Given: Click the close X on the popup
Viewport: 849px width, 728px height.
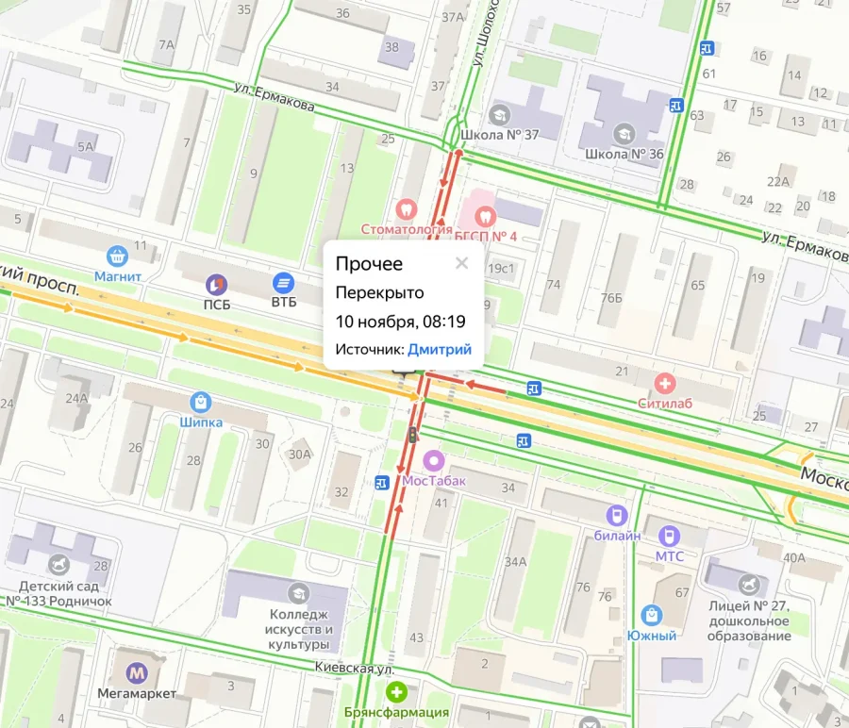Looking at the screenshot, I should (x=461, y=263).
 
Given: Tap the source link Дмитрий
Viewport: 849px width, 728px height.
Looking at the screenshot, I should (x=439, y=350).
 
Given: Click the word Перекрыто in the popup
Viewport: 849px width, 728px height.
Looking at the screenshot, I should (x=379, y=293).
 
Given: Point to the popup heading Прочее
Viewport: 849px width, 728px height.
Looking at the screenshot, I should (x=369, y=264).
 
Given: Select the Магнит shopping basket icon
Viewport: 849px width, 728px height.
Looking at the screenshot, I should (x=117, y=256).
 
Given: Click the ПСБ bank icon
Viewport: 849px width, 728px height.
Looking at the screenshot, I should (x=217, y=283).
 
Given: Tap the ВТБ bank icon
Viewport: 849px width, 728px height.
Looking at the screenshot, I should (x=283, y=282).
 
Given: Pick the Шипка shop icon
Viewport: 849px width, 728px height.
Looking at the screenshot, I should (x=200, y=403).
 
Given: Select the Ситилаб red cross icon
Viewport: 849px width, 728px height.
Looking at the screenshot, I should (x=666, y=383).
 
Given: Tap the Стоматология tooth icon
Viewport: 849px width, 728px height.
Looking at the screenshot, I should (x=406, y=208).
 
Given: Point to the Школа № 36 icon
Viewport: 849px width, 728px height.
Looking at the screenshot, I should (x=623, y=133).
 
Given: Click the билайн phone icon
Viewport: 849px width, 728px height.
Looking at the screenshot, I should (x=615, y=515).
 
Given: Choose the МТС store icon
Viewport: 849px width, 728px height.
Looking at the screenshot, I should (x=670, y=535).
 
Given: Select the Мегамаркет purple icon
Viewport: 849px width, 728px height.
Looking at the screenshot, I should (x=138, y=673).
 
